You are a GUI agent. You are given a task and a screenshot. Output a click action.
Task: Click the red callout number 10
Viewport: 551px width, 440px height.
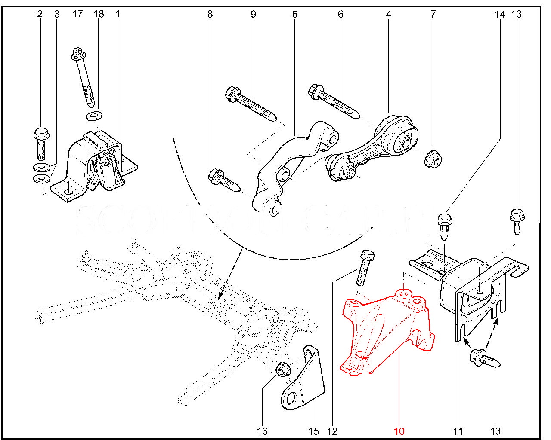(399, 431)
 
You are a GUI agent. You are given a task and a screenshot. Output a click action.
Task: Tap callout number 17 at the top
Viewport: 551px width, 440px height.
(77, 14)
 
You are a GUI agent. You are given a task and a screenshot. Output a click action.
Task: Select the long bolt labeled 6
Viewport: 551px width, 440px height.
(334, 101)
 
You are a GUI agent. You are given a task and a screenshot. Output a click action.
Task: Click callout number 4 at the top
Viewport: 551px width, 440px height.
(389, 14)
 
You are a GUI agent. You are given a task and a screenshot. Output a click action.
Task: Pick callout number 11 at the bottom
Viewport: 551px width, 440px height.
(458, 431)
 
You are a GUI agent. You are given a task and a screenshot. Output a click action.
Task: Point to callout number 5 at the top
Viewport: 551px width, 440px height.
(295, 14)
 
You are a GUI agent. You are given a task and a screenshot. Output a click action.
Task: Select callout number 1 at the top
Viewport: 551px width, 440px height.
(117, 14)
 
